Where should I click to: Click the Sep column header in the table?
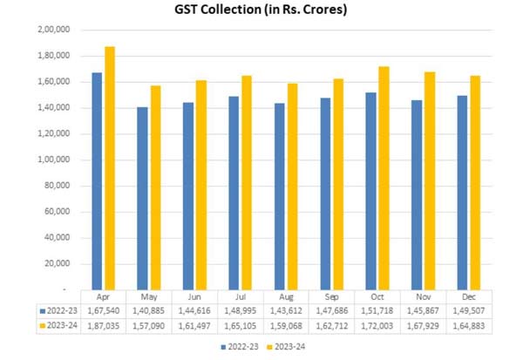(x=334, y=295)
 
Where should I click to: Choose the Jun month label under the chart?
(x=196, y=295)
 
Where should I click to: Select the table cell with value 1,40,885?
(x=151, y=309)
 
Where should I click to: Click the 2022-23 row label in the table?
(x=61, y=309)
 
